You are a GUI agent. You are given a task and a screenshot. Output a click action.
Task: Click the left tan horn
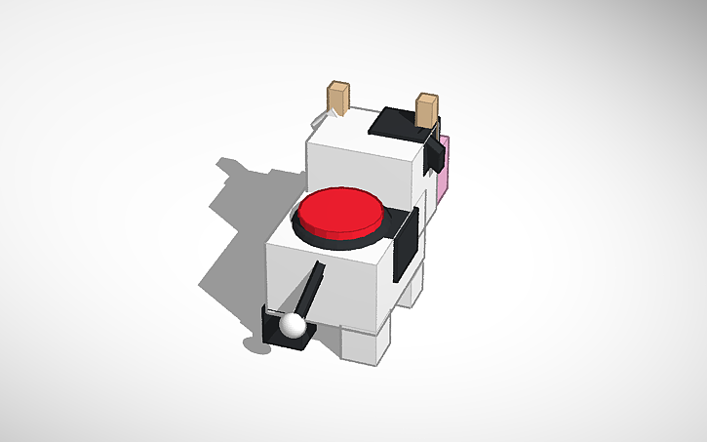[337, 100]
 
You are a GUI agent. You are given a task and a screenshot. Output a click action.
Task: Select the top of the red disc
[340, 210]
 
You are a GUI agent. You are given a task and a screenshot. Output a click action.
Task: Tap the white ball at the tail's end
[293, 325]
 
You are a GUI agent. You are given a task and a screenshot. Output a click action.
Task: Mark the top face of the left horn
[338, 87]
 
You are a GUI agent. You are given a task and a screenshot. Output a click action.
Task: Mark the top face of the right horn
[426, 97]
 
